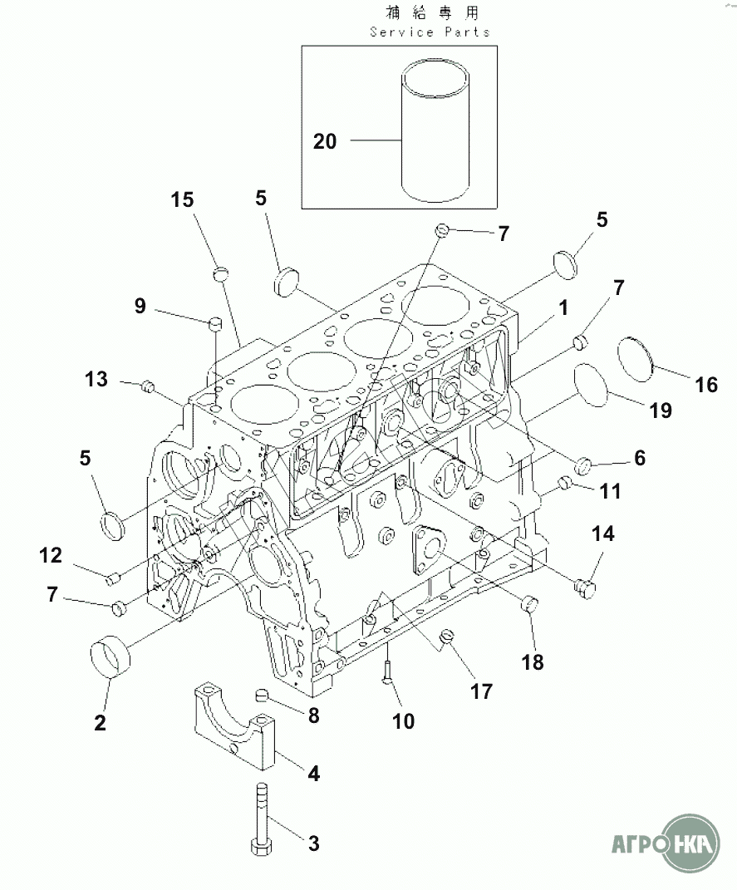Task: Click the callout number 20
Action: (x=325, y=141)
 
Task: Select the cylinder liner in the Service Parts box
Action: (x=435, y=130)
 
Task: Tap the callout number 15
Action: (x=182, y=199)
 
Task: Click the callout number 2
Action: (x=100, y=723)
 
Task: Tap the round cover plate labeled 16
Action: (x=636, y=360)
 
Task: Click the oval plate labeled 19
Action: (x=591, y=385)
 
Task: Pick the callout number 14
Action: (x=602, y=534)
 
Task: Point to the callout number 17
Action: (x=481, y=691)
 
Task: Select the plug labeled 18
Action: (x=528, y=603)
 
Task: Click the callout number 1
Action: (x=563, y=307)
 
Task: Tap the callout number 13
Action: (x=96, y=379)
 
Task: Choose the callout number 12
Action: (x=51, y=555)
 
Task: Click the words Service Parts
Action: (x=430, y=32)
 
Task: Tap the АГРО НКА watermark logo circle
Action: (x=691, y=843)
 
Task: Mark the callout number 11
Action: (x=611, y=491)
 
